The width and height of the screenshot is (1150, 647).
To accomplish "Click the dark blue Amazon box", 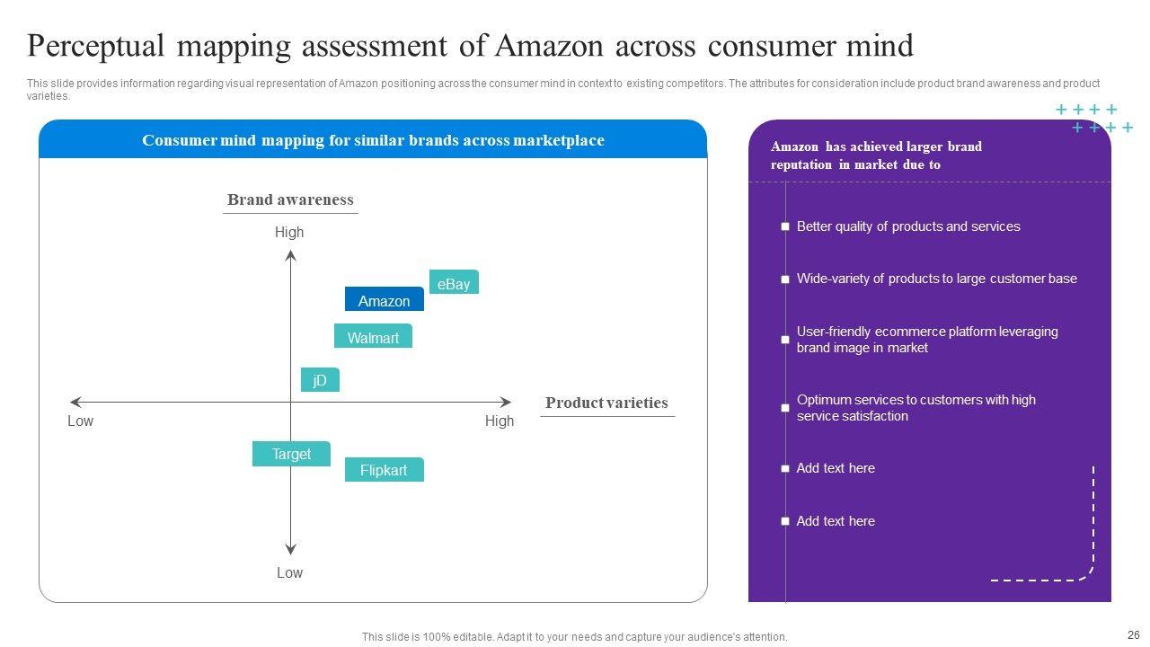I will [384, 300].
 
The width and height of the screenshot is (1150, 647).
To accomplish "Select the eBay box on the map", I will [454, 283].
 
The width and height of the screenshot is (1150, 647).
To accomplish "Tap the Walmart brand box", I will [373, 337].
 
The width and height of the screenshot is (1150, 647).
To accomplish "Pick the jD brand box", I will [320, 380].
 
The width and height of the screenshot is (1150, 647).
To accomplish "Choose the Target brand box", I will [291, 454].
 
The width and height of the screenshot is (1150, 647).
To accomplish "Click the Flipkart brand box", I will [384, 470].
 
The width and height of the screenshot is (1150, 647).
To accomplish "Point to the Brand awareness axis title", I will [290, 199].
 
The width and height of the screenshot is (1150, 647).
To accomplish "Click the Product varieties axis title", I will [606, 403].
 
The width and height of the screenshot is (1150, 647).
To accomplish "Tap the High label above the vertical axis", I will [289, 232].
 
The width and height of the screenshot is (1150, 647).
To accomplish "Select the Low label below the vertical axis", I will [289, 572].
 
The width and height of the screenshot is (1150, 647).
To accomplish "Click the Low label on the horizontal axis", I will [80, 421].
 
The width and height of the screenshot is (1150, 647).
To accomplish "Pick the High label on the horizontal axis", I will [500, 421].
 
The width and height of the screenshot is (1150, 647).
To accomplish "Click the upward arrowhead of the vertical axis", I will [290, 256].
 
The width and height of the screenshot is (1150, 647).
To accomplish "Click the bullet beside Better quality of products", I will [785, 227].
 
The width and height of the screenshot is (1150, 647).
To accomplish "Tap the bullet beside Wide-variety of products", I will [785, 279].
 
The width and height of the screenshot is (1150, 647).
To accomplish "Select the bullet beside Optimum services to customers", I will [785, 408].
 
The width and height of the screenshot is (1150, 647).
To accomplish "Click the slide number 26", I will [1132, 634].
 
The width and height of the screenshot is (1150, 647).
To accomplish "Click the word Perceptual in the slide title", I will [96, 45].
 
